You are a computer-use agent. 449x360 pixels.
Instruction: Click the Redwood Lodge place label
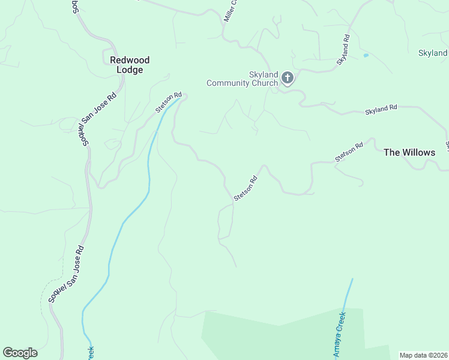click(x=130, y=65)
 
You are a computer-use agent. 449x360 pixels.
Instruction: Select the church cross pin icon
click(x=288, y=77)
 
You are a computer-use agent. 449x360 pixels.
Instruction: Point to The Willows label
click(x=409, y=152)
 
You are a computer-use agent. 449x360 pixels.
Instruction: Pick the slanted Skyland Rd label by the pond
click(x=343, y=50)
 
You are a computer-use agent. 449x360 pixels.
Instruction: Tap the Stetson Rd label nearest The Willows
click(x=349, y=152)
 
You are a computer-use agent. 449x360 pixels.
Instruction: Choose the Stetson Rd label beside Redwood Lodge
click(x=168, y=103)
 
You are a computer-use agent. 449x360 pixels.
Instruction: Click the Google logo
click(x=20, y=353)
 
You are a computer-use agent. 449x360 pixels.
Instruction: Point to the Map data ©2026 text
click(x=423, y=355)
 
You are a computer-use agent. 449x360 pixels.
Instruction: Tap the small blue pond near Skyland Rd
click(x=366, y=56)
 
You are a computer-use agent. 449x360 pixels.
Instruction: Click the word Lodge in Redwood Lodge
click(x=130, y=70)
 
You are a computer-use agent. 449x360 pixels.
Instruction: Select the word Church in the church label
click(x=250, y=83)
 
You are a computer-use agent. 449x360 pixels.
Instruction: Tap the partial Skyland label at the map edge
click(x=433, y=53)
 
